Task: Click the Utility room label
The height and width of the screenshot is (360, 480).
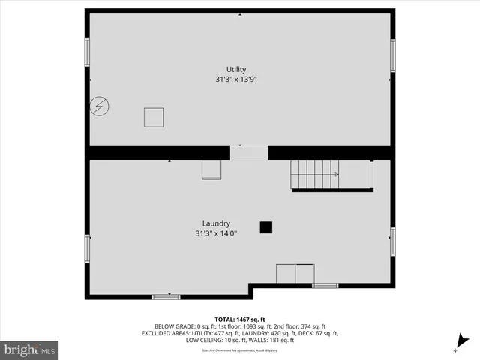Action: (x=236, y=69)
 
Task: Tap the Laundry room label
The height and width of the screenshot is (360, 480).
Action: (x=216, y=223)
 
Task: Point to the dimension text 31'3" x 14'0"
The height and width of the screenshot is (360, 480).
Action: (x=216, y=233)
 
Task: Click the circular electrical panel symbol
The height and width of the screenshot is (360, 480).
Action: (x=99, y=106)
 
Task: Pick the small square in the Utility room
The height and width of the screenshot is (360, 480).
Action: (x=154, y=118)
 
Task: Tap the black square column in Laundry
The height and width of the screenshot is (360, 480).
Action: (x=265, y=226)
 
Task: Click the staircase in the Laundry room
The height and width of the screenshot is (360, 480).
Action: (x=315, y=174)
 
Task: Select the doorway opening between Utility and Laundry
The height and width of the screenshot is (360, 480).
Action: (x=248, y=153)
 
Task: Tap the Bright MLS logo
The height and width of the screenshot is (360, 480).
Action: (x=29, y=349)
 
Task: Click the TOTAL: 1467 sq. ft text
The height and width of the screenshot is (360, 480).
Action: (x=240, y=319)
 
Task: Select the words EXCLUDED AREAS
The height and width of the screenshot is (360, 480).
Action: (x=166, y=333)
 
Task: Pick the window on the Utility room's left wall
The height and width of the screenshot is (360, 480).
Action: (x=87, y=52)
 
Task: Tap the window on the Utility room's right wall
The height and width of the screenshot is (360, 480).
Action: (x=393, y=55)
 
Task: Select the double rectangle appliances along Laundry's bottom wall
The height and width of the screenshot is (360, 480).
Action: (x=295, y=273)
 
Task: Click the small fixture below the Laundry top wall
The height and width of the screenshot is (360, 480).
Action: (x=211, y=171)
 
